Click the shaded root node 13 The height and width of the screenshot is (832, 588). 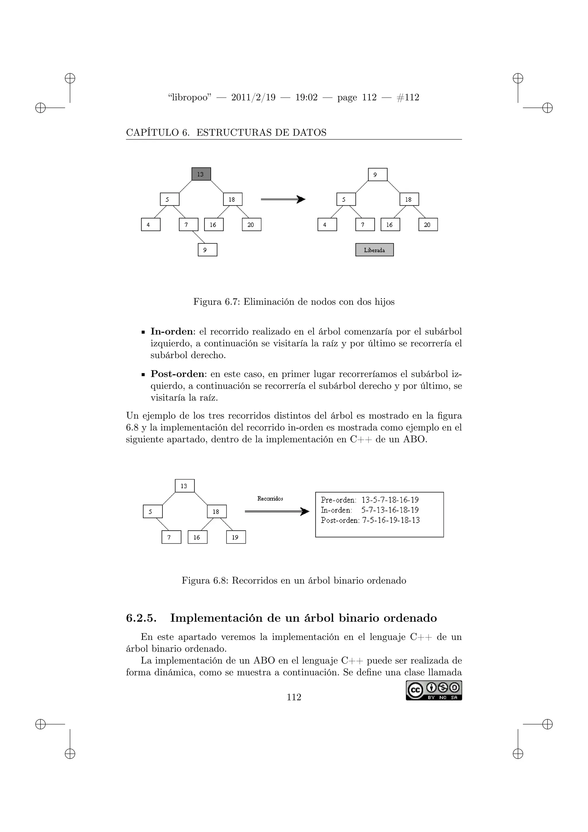[x=201, y=174]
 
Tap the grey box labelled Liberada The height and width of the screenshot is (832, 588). [x=374, y=250]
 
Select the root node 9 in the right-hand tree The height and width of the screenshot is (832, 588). [x=378, y=174]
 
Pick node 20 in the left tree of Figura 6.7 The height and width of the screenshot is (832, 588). [x=251, y=225]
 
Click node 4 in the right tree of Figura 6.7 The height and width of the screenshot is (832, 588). [x=327, y=225]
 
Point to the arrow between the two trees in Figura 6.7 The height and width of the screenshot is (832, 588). [x=283, y=199]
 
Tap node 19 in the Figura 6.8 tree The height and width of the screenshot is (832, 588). [x=236, y=537]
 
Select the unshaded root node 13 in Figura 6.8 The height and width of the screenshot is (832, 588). [x=185, y=486]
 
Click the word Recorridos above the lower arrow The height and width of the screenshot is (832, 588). [x=270, y=499]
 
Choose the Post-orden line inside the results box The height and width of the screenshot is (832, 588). [x=370, y=520]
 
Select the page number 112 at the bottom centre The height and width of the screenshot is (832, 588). [x=294, y=697]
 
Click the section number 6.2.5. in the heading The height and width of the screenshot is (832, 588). [x=141, y=618]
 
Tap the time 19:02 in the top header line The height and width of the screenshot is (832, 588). [x=306, y=97]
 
